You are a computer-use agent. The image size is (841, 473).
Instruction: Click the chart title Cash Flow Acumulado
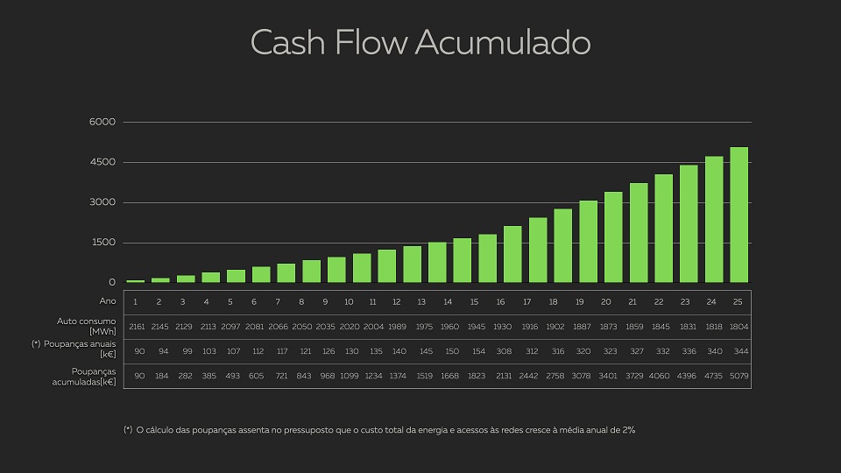420,42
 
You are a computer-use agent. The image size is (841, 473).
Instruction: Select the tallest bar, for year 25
739,215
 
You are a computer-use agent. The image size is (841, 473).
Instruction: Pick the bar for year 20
613,237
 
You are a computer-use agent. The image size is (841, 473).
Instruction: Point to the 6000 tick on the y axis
102,122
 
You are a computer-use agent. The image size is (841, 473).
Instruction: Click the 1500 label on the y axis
102,243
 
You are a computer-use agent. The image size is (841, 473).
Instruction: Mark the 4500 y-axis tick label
102,162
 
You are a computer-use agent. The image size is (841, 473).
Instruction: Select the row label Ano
108,301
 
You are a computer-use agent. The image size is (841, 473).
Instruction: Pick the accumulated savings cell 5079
739,377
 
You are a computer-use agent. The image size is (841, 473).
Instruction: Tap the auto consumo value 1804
739,326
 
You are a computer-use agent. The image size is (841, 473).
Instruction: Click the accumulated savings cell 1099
349,377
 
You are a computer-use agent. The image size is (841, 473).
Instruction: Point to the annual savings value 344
739,351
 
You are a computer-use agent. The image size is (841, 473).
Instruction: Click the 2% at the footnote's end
628,430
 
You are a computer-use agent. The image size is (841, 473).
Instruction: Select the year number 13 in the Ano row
421,301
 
